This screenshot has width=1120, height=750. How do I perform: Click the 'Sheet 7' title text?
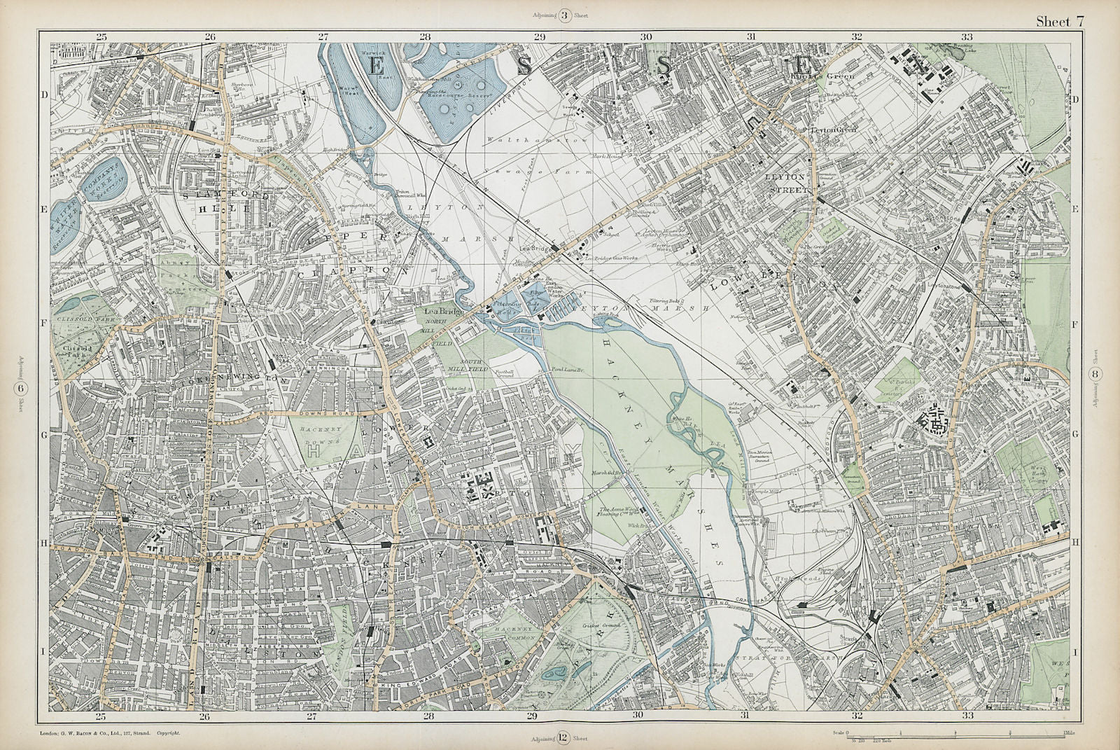(1060, 22)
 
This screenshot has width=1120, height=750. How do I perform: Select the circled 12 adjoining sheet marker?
(562, 738)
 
